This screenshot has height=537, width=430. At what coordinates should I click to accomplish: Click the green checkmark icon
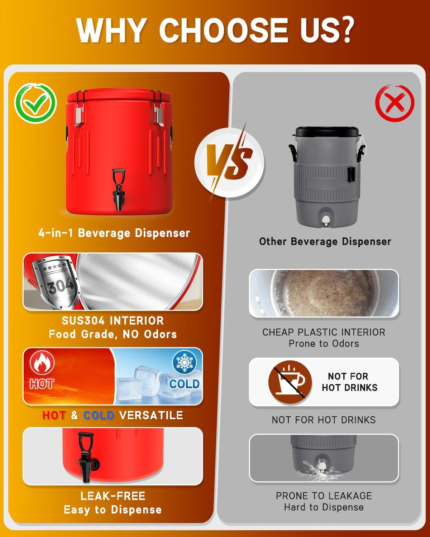tap(36, 103)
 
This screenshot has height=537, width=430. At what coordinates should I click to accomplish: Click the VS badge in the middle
tap(229, 163)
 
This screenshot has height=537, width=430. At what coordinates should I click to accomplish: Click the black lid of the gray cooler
tap(327, 132)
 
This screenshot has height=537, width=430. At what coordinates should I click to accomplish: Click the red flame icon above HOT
tap(42, 363)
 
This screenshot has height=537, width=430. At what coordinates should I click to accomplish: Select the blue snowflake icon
tap(185, 362)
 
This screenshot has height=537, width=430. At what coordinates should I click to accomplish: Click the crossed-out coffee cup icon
tap(290, 382)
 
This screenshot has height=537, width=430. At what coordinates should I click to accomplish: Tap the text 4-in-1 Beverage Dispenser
tap(114, 233)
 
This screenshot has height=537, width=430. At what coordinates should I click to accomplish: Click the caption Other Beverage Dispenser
tap(325, 241)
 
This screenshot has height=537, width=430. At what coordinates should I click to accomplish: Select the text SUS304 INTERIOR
tap(113, 321)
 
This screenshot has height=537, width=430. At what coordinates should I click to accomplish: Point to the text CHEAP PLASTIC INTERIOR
tap(324, 332)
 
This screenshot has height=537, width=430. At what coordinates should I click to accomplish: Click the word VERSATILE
tap(151, 415)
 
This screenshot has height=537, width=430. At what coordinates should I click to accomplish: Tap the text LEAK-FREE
tap(113, 496)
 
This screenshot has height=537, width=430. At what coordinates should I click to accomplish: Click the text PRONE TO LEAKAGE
tap(324, 495)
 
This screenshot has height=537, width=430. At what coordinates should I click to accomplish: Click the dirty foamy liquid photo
tap(324, 293)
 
